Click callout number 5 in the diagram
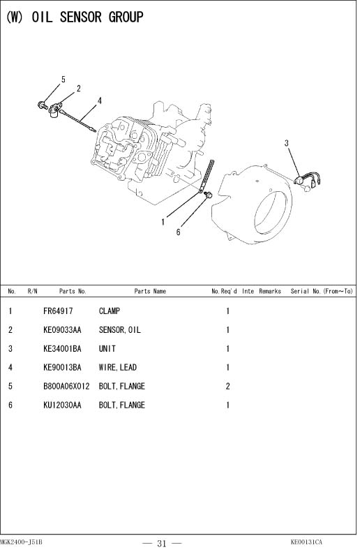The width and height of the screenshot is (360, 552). click(63, 80)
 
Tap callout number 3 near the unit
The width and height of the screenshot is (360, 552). click(287, 143)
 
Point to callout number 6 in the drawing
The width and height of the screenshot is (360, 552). click(178, 232)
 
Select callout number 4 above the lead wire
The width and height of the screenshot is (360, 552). click(100, 101)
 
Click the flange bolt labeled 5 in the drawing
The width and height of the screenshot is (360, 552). click(43, 105)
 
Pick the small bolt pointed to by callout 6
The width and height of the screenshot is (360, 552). click(209, 194)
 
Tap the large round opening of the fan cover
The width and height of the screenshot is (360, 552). click(270, 213)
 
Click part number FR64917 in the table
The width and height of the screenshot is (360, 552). click(58, 311)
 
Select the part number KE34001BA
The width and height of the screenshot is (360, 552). click(62, 348)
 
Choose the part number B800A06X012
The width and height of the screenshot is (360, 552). click(66, 386)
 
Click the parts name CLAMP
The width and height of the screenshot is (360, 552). click(110, 311)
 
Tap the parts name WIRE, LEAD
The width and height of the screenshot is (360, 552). click(118, 367)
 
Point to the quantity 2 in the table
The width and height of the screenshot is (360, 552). click(227, 386)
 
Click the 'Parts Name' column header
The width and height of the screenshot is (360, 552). click(150, 291)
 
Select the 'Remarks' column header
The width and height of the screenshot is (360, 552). click(270, 291)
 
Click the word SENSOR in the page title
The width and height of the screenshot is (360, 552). click(81, 17)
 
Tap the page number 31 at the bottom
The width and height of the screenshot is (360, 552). click(162, 544)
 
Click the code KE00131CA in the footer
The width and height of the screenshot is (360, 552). click(306, 542)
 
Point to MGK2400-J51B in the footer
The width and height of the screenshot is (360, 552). click(21, 542)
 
